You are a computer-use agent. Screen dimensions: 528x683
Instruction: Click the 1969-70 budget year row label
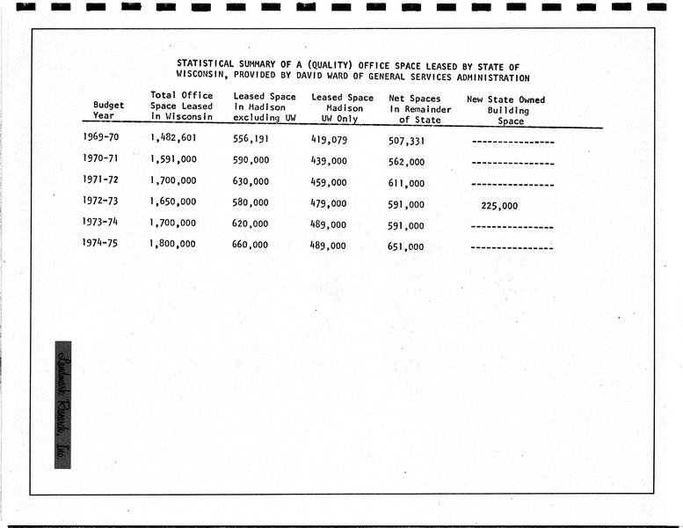point(101,137)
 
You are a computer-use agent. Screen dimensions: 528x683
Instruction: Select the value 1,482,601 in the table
point(173,137)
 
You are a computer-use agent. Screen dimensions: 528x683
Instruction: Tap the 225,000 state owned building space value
point(499,206)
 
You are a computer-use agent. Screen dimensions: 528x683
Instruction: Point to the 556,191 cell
point(251,138)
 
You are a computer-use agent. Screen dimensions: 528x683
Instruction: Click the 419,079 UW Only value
point(329,139)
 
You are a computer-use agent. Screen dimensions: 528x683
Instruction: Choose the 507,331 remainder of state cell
point(406,140)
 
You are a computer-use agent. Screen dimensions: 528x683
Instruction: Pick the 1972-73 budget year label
point(102,202)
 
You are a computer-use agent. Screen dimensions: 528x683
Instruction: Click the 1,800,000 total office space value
point(173,244)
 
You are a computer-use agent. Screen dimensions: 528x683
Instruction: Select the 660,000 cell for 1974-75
point(251,245)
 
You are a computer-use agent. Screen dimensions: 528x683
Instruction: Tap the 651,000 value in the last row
point(406,247)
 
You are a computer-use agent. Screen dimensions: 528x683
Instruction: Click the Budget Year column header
point(109,110)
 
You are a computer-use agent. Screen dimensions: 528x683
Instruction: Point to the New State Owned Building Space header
point(506,111)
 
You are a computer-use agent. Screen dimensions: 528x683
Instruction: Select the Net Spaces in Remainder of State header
point(420,109)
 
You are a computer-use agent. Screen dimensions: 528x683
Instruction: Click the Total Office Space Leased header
point(182,106)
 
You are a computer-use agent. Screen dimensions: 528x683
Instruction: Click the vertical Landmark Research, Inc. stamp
point(62,404)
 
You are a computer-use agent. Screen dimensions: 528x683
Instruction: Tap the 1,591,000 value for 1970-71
point(173,159)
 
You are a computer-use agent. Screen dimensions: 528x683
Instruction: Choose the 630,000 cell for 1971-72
point(251,181)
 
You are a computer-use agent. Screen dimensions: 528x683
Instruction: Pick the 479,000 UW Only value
point(329,203)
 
